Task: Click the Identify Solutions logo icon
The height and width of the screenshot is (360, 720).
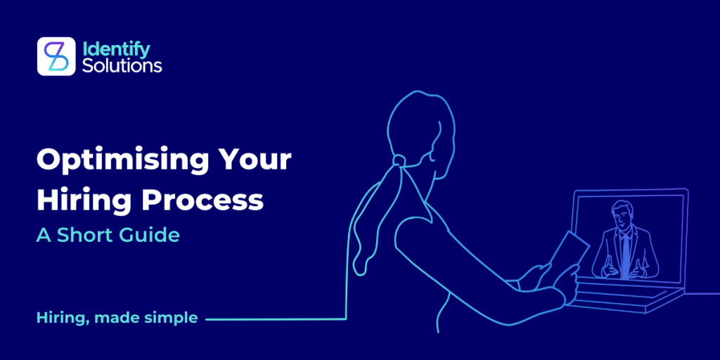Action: point(56,56)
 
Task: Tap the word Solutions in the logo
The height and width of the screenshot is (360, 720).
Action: point(122,65)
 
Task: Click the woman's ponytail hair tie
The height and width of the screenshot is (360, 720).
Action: point(399,160)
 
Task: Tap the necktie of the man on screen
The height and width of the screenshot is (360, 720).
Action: point(625,255)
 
